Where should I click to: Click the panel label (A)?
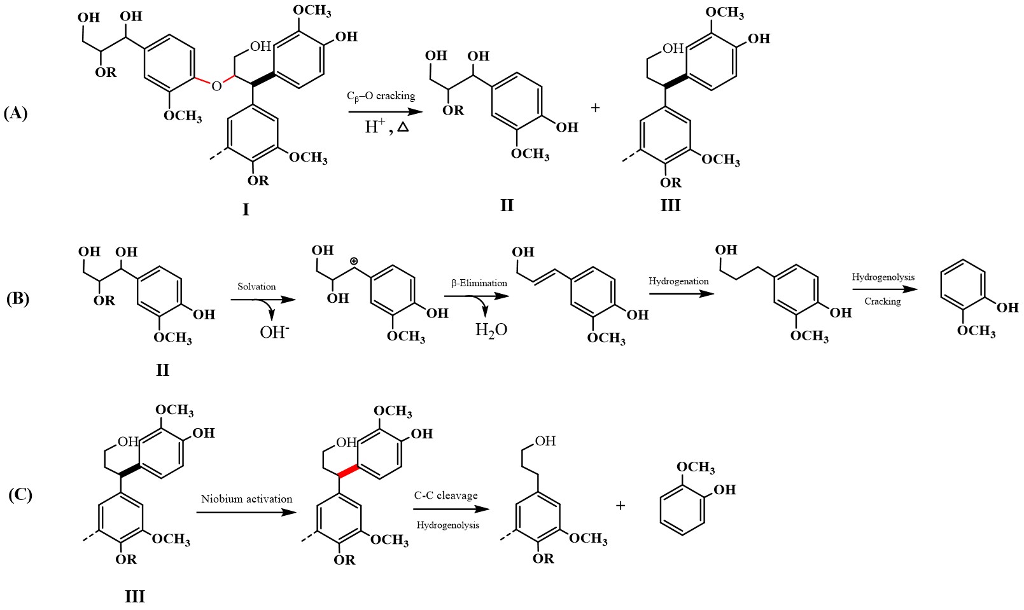(x=16, y=113)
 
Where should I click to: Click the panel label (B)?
(x=17, y=298)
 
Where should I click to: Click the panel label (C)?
(x=20, y=494)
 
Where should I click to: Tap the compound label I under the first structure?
(x=246, y=209)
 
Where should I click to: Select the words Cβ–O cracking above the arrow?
(x=381, y=96)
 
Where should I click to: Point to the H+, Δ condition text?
(x=386, y=127)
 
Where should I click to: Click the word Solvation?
(x=256, y=286)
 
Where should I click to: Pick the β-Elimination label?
(x=479, y=283)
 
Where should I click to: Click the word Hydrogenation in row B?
(x=678, y=281)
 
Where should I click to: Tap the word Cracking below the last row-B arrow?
(x=882, y=302)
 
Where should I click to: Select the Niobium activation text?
(x=247, y=499)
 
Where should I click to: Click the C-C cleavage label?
(x=445, y=496)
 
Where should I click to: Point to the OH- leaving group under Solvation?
(x=274, y=331)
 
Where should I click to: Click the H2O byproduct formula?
(x=491, y=329)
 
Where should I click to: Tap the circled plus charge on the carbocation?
(x=354, y=261)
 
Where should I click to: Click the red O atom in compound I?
(x=216, y=86)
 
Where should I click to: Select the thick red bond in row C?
(x=349, y=471)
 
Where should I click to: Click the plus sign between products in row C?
(x=621, y=506)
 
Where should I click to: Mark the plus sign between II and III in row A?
(x=595, y=108)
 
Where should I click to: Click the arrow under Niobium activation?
(x=246, y=511)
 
